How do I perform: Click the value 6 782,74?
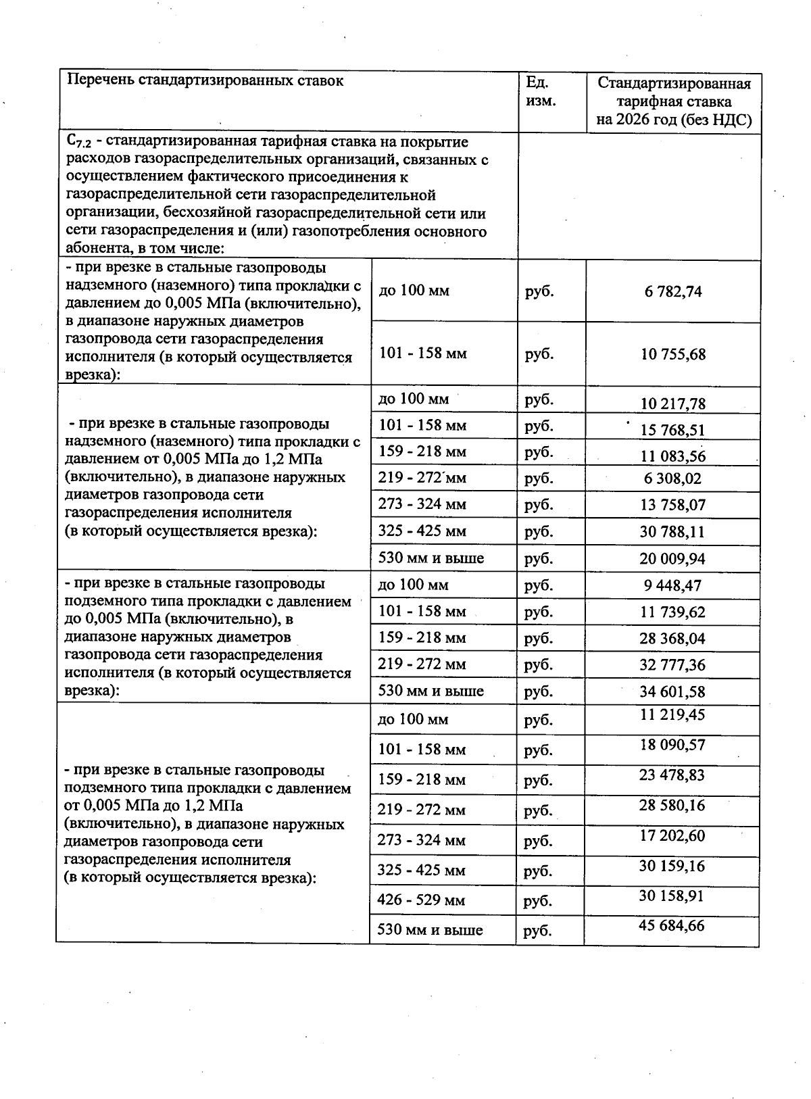[x=673, y=291]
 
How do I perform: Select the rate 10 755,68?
[x=673, y=354]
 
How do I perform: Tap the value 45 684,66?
[x=672, y=925]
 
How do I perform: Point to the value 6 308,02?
[x=672, y=479]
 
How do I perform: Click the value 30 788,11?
[x=672, y=532]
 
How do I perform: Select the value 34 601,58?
[x=672, y=691]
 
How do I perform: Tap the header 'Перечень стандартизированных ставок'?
[x=205, y=81]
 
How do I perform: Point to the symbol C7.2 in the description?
[x=79, y=143]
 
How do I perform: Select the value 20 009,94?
[x=672, y=559]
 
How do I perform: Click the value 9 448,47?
[x=672, y=585]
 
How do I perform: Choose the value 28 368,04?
[x=672, y=639]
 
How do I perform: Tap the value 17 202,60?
[x=672, y=836]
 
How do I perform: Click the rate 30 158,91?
[x=672, y=896]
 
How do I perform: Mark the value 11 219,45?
[x=672, y=714]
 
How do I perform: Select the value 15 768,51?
[x=672, y=430]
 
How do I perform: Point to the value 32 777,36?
[x=672, y=665]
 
